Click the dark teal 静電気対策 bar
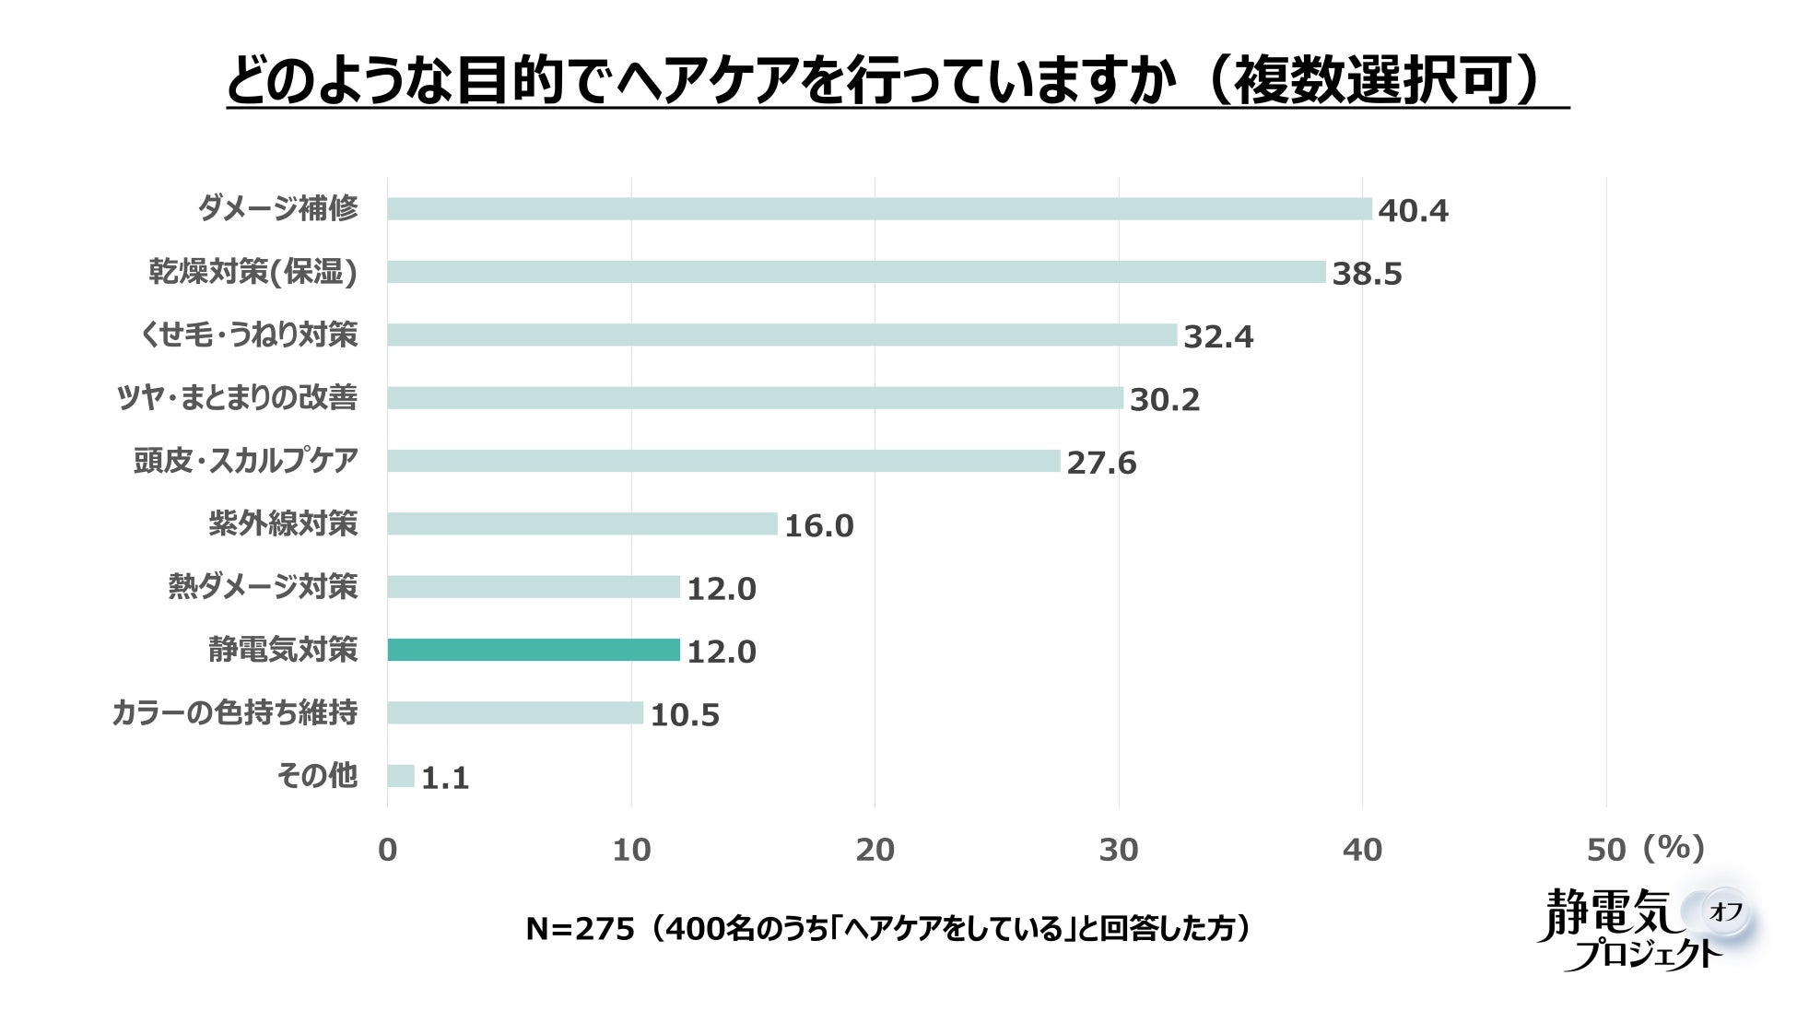click(534, 650)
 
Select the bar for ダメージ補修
click(879, 209)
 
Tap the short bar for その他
click(401, 776)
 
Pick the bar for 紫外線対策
click(582, 523)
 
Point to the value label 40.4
click(1413, 211)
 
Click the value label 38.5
click(1367, 274)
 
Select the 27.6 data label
click(1101, 463)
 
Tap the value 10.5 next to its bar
click(685, 715)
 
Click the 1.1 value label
click(445, 779)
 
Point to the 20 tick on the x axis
click(875, 851)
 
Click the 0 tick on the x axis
click(387, 851)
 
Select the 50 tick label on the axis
click(1605, 851)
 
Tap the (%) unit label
click(1673, 847)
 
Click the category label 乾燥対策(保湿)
click(253, 272)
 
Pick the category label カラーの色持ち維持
click(234, 712)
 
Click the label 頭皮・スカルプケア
click(245, 461)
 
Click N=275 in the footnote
click(581, 929)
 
